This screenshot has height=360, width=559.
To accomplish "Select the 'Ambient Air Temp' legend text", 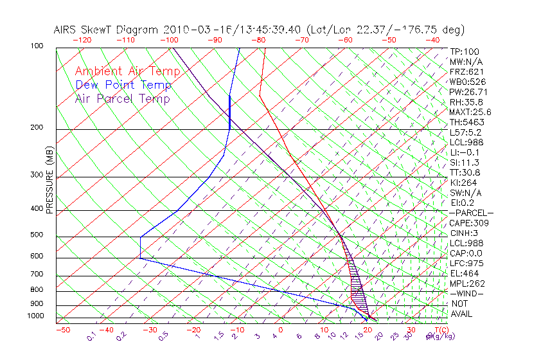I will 123,71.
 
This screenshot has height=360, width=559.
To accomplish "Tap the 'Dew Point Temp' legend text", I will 123,85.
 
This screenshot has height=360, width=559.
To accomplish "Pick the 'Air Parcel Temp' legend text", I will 122,98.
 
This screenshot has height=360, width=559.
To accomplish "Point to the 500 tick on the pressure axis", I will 37,235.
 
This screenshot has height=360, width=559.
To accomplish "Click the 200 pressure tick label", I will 37,128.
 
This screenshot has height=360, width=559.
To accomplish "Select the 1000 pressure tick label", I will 35,316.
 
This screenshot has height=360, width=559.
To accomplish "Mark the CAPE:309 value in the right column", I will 469,223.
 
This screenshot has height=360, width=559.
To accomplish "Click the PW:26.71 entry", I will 468,92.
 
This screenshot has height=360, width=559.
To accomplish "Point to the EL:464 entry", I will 464,273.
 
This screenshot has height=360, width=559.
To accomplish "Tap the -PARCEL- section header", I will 471,213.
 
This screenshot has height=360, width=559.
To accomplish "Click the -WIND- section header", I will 466,293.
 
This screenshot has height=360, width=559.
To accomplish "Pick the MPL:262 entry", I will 466,283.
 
